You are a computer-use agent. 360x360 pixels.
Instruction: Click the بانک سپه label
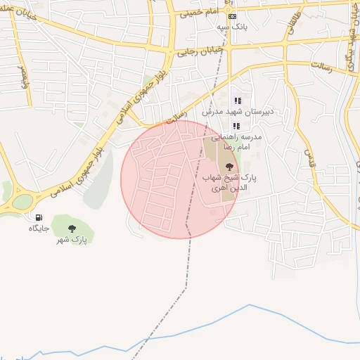[232, 26]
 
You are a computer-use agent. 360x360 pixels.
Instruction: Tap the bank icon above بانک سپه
[233, 16]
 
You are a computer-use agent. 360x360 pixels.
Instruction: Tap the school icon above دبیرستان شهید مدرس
[237, 101]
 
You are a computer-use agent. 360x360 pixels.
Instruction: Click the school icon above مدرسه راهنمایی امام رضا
[236, 126]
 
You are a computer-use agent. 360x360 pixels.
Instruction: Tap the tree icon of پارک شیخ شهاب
[229, 167]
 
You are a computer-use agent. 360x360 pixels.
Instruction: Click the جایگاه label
[37, 229]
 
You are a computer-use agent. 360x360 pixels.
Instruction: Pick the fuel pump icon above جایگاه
[37, 217]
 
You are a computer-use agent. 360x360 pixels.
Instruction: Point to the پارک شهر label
[72, 240]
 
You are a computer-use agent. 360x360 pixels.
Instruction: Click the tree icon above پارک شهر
[72, 228]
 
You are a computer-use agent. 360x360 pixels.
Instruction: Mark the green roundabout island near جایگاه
[22, 201]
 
